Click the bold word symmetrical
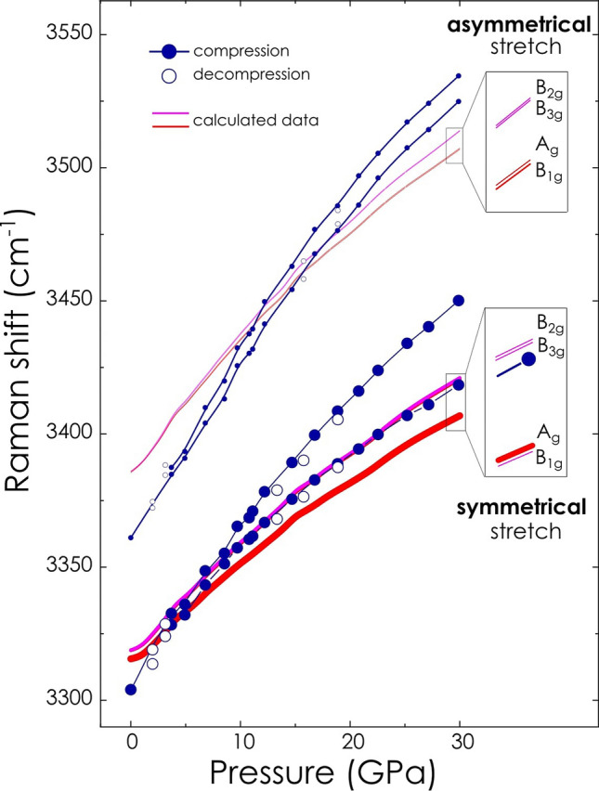[x=520, y=508]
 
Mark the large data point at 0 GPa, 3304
[x=131, y=689]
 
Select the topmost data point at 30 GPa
[x=458, y=76]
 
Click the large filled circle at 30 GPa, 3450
[x=458, y=301]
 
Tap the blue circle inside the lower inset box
[x=528, y=358]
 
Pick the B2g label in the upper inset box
[x=548, y=86]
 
